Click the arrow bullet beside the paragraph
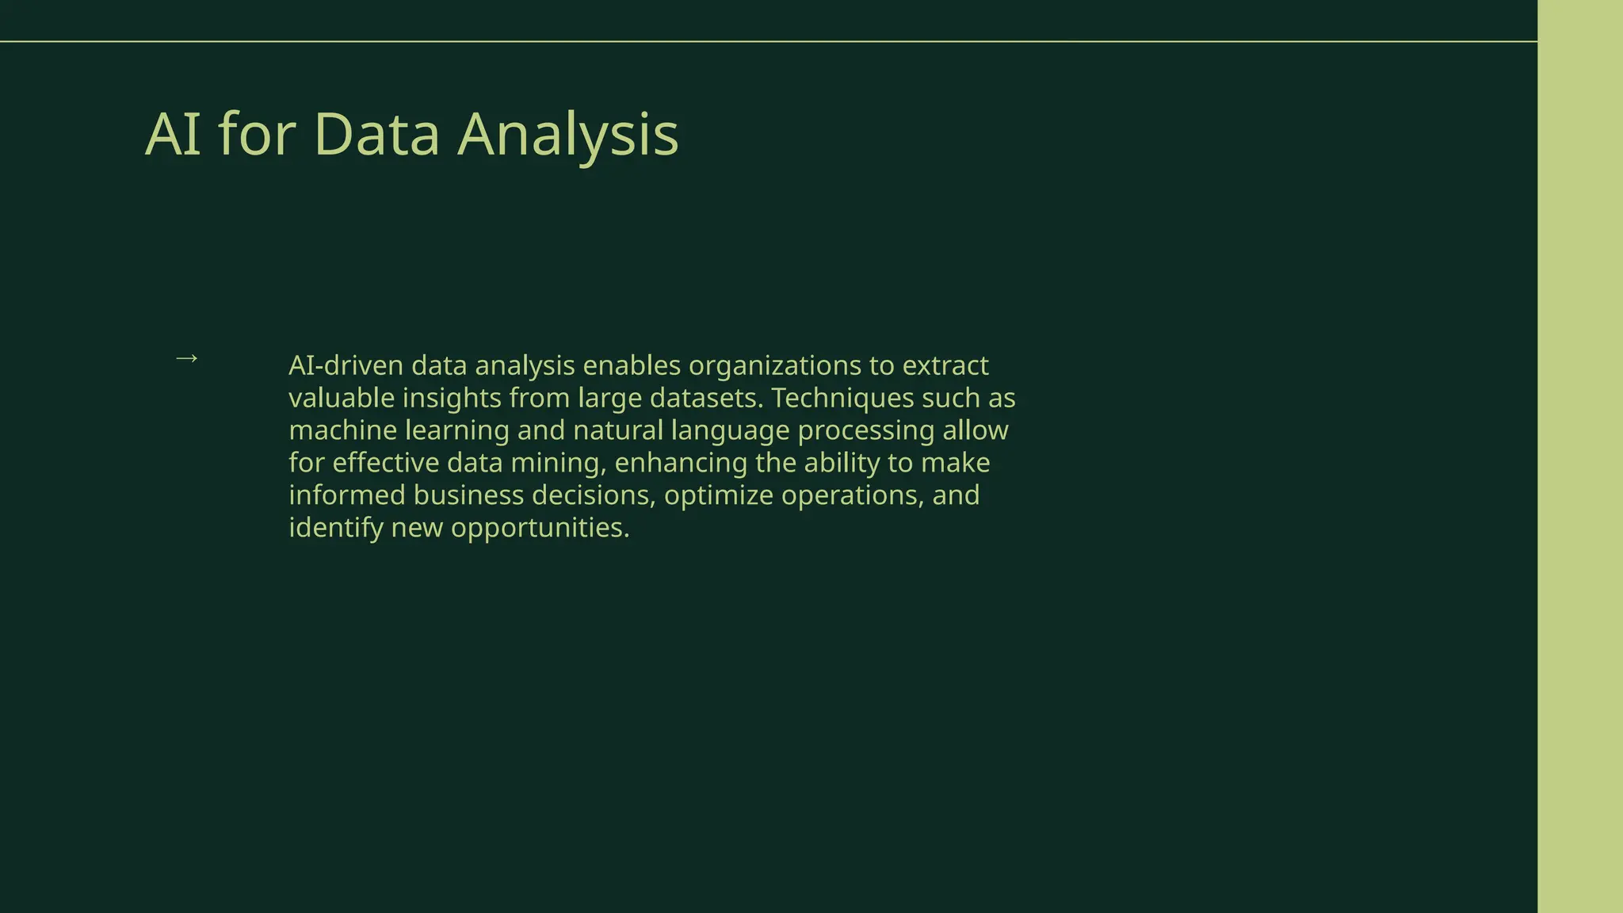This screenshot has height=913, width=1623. pyautogui.click(x=186, y=359)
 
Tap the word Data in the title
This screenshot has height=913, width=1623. pyautogui.click(x=376, y=135)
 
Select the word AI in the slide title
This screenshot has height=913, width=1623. pyautogui.click(x=173, y=135)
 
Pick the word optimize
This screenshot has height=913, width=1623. pyautogui.click(x=718, y=497)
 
